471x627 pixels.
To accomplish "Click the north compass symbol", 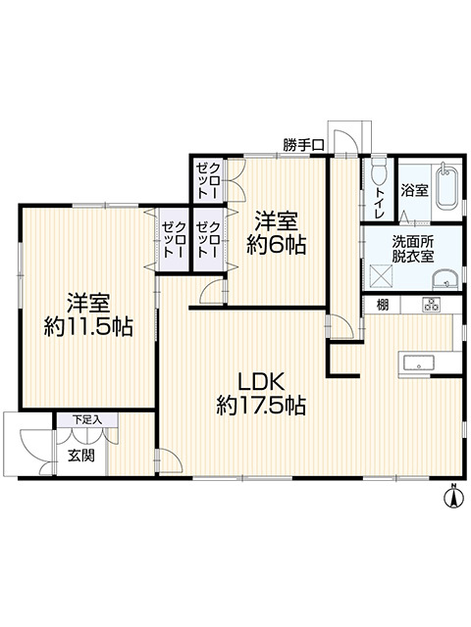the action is tap(453, 496).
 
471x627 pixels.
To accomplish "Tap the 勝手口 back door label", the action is tap(303, 145).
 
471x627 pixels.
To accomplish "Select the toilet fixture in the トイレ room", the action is tap(378, 172).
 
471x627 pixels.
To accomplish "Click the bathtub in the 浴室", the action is tap(447, 187).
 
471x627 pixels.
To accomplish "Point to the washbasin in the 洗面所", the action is tap(445, 279).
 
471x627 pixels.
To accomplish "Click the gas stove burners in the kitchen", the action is tap(431, 305).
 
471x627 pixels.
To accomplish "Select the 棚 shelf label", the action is tap(383, 306).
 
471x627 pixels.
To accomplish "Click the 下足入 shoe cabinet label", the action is tap(87, 420).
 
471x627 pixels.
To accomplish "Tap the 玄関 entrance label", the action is tap(80, 455).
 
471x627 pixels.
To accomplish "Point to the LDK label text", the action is tap(261, 381).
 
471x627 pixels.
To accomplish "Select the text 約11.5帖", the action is tap(88, 326).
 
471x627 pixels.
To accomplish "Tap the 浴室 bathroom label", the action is tap(414, 190).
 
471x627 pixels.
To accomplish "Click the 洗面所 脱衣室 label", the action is tap(412, 249).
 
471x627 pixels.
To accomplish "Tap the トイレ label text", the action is tap(379, 203).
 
